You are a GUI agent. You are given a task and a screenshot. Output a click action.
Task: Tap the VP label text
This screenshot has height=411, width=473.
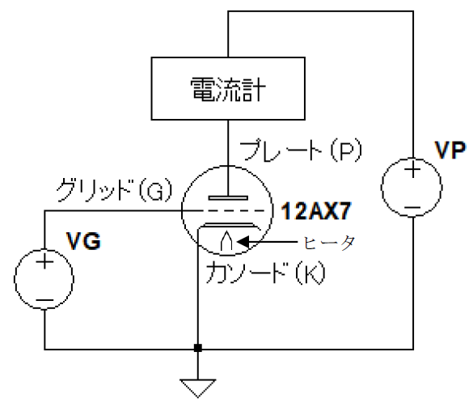(450, 150)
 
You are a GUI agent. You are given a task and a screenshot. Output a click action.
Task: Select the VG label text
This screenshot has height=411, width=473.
(83, 241)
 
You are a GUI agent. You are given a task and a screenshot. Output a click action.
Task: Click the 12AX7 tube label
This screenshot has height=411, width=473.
(316, 210)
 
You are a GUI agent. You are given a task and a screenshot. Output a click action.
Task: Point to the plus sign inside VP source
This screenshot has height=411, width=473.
(412, 170)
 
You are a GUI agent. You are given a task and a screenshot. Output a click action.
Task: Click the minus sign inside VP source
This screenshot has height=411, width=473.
(412, 208)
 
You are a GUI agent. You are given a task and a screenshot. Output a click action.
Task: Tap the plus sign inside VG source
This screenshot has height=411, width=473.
(44, 261)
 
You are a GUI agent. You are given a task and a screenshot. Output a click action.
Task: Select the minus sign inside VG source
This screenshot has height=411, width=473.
(44, 300)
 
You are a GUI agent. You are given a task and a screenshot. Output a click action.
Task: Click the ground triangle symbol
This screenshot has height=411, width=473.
(198, 388)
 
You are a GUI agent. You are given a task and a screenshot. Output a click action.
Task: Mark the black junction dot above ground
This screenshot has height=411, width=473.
(198, 348)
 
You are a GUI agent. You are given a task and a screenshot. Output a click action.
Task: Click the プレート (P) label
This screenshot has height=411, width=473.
(301, 150)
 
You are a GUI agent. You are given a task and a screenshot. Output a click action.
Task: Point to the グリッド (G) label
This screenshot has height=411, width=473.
(114, 190)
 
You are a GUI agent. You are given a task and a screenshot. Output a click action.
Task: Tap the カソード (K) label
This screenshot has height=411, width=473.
(265, 273)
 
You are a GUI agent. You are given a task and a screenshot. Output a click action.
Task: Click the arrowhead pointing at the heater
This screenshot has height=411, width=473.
(243, 242)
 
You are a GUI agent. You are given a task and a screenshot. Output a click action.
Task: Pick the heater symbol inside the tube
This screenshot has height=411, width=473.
(226, 241)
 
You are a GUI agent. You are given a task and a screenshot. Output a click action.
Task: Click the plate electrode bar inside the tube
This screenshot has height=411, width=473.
(228, 198)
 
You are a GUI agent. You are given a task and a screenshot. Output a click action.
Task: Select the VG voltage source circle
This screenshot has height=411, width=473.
(15, 279)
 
